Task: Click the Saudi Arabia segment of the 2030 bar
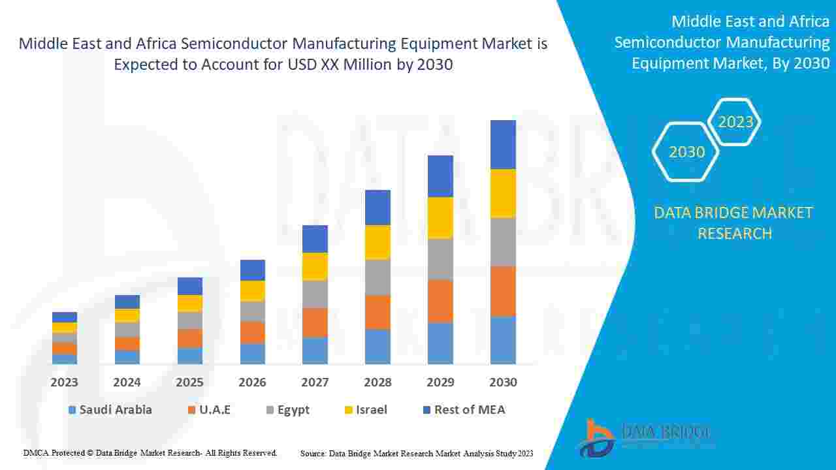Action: tap(503, 339)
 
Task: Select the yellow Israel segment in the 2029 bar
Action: tap(440, 217)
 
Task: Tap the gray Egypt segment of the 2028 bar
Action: tap(378, 277)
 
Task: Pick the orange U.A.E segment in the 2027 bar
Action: tap(315, 322)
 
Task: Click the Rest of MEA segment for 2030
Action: tap(503, 144)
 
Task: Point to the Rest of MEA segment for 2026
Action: tap(252, 270)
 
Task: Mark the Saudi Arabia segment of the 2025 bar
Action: tap(190, 355)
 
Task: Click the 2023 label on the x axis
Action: tap(64, 382)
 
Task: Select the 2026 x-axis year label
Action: tap(252, 382)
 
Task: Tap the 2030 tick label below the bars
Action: tap(503, 382)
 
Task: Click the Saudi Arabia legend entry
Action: tap(110, 410)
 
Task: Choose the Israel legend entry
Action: tap(365, 410)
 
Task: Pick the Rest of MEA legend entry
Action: tap(464, 410)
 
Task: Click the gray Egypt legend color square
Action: tap(270, 410)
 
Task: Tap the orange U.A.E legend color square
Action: tap(191, 410)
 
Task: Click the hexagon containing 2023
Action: tap(735, 121)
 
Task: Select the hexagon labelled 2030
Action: tap(686, 151)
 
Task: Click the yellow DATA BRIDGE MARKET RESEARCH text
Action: tap(734, 223)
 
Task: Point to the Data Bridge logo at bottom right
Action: tap(643, 436)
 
